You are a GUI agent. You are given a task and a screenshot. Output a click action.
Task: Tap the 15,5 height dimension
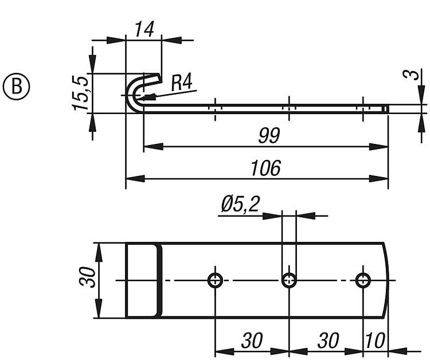click(81, 92)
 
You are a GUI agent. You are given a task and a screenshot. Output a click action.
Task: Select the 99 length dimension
click(268, 136)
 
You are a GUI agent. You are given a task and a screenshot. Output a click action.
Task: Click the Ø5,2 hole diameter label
click(239, 204)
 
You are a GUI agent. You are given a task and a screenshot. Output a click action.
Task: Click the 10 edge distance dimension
click(375, 341)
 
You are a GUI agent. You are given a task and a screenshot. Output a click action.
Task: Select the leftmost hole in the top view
click(216, 280)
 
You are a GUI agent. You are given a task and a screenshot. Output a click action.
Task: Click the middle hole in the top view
click(289, 280)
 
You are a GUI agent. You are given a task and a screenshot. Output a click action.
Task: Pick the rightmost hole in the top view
click(362, 280)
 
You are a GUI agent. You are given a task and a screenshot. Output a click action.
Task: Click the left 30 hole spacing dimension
click(252, 341)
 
